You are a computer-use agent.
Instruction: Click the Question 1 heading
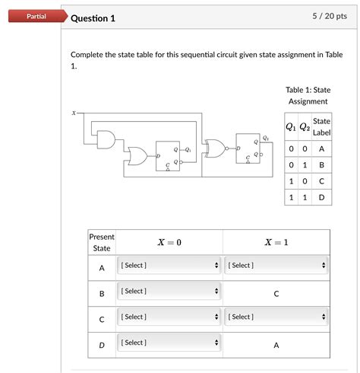click(93, 18)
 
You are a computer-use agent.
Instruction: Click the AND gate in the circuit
click(107, 138)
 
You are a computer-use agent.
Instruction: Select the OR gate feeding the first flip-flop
click(138, 156)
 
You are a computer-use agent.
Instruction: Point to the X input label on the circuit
click(74, 113)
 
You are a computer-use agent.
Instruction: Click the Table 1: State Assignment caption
click(307, 95)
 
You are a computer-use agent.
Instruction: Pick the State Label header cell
click(321, 126)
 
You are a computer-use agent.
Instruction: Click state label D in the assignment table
click(321, 197)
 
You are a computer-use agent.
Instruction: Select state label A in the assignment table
click(321, 149)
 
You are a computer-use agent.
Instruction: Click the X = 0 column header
click(169, 242)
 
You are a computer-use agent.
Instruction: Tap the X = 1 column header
click(276, 242)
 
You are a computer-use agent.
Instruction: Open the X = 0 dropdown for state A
click(169, 266)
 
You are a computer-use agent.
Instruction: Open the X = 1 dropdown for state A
click(276, 266)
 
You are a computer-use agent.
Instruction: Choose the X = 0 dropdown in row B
click(169, 292)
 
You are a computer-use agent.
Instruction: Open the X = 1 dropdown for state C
click(276, 317)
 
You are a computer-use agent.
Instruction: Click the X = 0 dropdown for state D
click(169, 343)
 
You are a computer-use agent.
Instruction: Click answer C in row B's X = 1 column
click(276, 293)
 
